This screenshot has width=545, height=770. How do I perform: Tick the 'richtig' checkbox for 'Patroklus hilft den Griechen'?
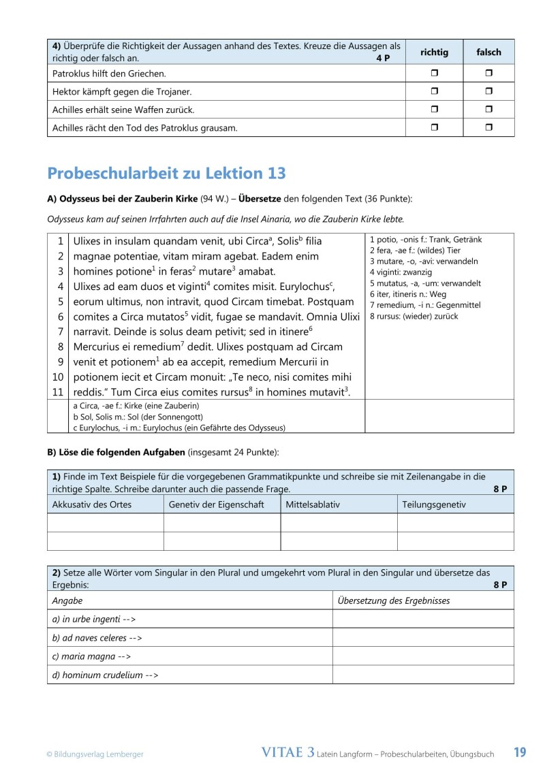pyautogui.click(x=435, y=73)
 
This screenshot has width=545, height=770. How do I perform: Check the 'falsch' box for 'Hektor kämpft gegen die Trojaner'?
pyautogui.click(x=488, y=91)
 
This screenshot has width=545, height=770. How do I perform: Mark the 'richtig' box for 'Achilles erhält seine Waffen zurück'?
pyautogui.click(x=435, y=110)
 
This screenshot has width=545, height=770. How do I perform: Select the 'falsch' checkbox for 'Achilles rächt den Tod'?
pyautogui.click(x=488, y=127)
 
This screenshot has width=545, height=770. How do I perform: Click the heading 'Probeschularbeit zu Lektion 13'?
pyautogui.click(x=166, y=173)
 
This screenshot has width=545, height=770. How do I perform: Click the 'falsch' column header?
pyautogui.click(x=488, y=52)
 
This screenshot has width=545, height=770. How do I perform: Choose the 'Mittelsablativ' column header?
pyautogui.click(x=312, y=504)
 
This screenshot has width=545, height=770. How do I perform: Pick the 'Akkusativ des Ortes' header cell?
pyautogui.click(x=92, y=504)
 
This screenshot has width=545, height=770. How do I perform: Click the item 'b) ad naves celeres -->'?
pyautogui.click(x=97, y=638)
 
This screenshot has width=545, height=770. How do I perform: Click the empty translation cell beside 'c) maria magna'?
pyautogui.click(x=422, y=656)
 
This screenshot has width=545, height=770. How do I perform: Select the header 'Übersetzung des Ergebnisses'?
pyautogui.click(x=394, y=600)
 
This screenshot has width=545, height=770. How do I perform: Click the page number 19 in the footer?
pyautogui.click(x=520, y=752)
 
